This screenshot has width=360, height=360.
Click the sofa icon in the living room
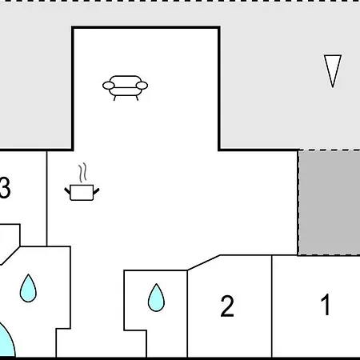click(x=125, y=88)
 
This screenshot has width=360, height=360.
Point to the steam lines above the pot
click(x=82, y=173)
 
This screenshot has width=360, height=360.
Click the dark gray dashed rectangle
click(x=329, y=202)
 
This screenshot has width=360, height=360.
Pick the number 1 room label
click(x=326, y=304)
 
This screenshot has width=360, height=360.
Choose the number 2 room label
click(x=227, y=306)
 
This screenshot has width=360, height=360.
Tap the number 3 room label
click(x=5, y=188)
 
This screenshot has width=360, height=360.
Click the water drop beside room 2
click(x=156, y=298)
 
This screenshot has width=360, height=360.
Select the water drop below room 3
click(x=28, y=288)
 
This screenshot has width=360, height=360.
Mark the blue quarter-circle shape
click(x=6, y=342)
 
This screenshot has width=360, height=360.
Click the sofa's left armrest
click(x=109, y=86)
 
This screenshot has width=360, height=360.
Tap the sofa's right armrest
click(x=142, y=86)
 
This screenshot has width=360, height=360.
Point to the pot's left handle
click(x=67, y=191)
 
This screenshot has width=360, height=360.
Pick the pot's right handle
click(x=96, y=191)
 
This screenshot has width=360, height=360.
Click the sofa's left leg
click(x=114, y=98)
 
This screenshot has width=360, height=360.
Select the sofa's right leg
click(x=137, y=98)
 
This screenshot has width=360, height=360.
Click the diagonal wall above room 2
click(x=204, y=262)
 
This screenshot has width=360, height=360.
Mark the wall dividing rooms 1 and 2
click(x=272, y=306)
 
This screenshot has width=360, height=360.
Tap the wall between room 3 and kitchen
click(x=47, y=198)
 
